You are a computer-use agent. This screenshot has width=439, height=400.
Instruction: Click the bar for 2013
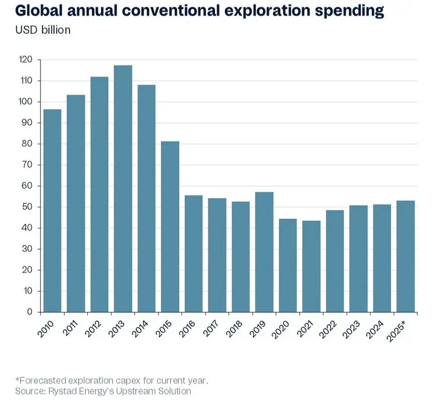tap(123, 189)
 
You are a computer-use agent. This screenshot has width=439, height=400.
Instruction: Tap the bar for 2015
tap(170, 226)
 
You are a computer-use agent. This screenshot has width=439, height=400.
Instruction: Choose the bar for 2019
tap(264, 252)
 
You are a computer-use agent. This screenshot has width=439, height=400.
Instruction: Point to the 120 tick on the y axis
tap(26, 60)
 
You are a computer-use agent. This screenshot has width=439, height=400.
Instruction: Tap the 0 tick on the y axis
tap(30, 312)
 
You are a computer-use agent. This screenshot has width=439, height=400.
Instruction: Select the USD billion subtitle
tap(43, 30)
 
